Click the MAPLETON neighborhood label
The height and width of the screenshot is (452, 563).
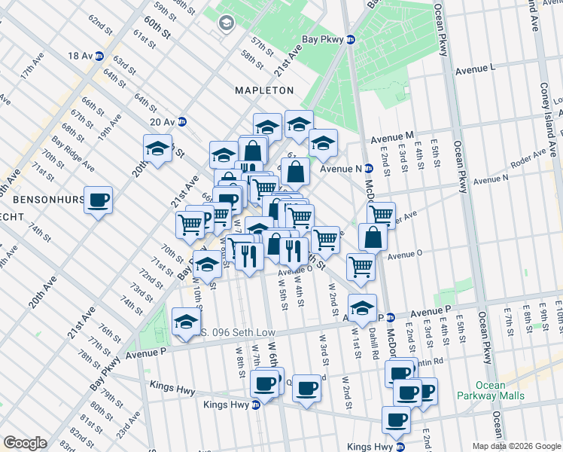[x=264, y=90]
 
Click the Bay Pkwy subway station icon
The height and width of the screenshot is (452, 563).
[x=350, y=40]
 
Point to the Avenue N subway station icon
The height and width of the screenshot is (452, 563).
[x=369, y=169]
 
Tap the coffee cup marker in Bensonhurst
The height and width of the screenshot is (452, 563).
[x=98, y=200]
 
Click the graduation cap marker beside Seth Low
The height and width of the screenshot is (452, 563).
[x=186, y=322]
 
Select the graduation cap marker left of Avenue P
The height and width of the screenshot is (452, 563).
[x=362, y=308]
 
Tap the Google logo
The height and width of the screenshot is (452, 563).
[x=25, y=443]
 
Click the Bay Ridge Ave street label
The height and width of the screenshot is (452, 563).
[x=73, y=154]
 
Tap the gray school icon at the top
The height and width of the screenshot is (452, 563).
[x=225, y=24]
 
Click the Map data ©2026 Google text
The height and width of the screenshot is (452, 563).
[x=516, y=446]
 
